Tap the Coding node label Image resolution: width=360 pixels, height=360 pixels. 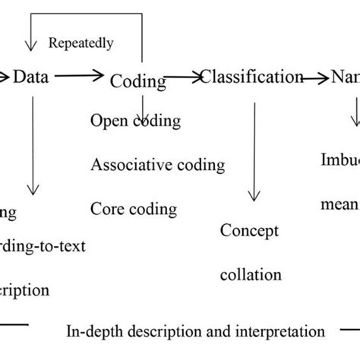pos(138,81)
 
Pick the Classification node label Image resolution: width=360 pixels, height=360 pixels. pos(251,77)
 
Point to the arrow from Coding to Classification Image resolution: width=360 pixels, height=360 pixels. pos(182,77)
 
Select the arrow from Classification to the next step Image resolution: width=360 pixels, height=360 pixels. pos(315,77)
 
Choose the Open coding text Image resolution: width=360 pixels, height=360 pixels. pos(135,120)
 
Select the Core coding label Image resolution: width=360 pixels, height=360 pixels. pos(133,208)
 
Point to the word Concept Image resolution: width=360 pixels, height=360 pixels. pos(250,231)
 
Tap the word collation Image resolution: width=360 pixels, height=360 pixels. pos(251,274)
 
